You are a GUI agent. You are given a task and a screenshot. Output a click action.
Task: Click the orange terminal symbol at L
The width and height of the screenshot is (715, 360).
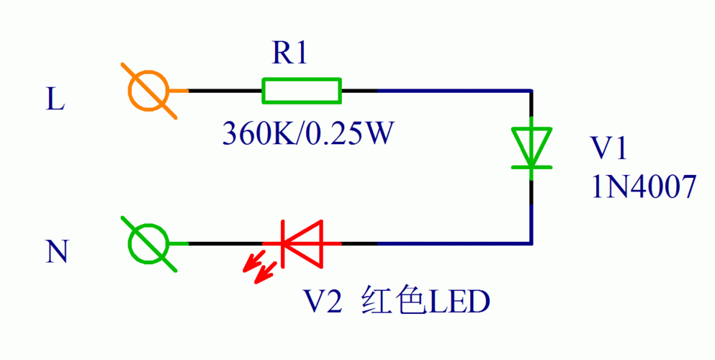[148, 91]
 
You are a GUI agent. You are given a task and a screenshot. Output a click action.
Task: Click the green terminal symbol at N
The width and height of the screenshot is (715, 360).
[148, 243]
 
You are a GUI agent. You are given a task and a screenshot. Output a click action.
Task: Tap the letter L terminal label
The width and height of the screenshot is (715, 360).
[55, 100]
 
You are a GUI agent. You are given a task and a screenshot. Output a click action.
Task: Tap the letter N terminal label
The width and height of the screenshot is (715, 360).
[57, 252]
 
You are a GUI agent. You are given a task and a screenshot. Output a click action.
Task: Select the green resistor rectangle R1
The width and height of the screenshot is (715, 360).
[301, 91]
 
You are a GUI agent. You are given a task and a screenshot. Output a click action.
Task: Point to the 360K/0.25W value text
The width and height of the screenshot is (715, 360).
[307, 132]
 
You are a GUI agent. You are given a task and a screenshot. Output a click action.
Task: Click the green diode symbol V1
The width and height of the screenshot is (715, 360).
[531, 148]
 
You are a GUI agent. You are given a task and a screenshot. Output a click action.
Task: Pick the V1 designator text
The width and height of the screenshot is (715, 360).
[608, 149]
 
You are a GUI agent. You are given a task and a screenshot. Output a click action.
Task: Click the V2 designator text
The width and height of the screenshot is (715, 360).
[319, 301]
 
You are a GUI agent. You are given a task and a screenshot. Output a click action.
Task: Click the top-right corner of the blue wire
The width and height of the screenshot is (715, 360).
[531, 91]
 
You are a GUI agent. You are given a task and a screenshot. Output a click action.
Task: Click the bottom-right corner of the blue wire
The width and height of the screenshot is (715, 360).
[531, 243]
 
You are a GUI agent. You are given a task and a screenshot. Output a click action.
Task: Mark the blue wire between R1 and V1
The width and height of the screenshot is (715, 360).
[454, 91]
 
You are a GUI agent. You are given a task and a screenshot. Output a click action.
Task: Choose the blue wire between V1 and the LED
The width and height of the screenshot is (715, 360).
[454, 243]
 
